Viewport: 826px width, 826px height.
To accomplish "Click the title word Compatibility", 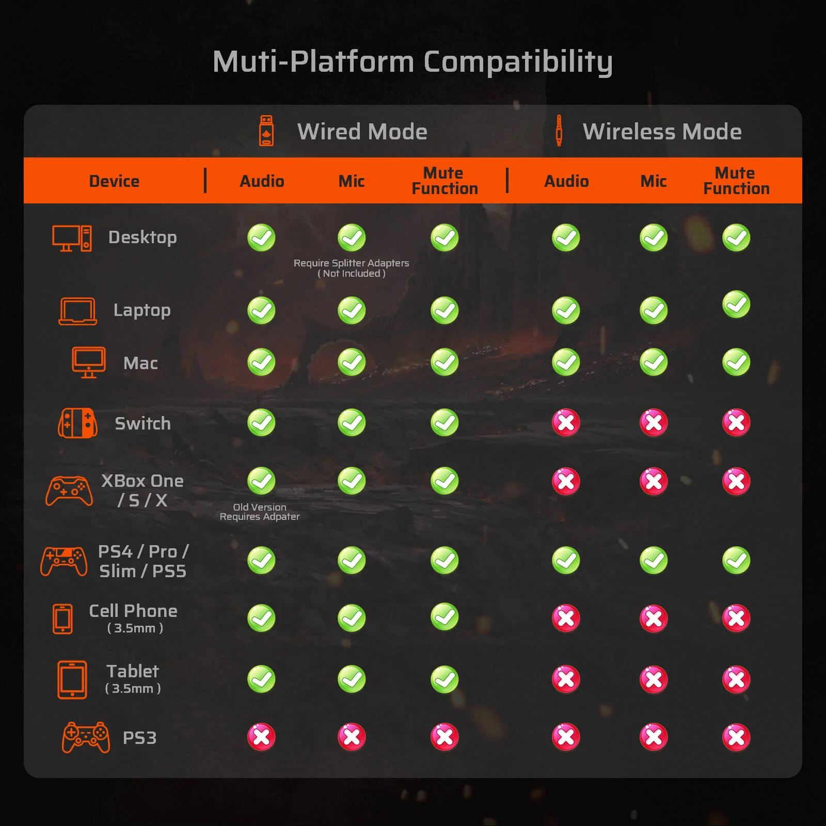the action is pos(518,62).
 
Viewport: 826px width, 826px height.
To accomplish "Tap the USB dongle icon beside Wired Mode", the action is pos(266,131).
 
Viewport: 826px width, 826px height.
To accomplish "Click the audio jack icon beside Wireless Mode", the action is pos(559,131).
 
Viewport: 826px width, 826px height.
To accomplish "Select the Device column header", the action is pos(114,181).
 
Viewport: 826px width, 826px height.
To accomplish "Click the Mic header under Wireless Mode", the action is pos(654,181).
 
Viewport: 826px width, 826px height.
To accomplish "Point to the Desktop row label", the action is pos(142,237).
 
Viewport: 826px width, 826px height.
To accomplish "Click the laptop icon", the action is pos(78,311).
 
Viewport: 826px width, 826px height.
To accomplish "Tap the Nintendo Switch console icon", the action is pos(78,423).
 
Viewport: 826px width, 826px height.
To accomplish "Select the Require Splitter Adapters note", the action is pos(352,268).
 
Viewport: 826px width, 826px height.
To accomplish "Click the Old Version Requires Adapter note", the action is pos(260,512).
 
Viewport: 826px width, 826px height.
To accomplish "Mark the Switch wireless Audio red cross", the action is pos(566,423).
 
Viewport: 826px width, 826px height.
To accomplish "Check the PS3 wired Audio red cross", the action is pos(261,737).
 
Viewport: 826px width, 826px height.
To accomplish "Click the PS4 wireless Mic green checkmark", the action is pos(654,560).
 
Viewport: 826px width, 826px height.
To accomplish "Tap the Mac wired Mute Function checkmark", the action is pos(444,362).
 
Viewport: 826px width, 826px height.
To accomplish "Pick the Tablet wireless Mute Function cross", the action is pos(736,679).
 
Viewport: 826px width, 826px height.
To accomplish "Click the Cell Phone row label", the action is pos(134,618).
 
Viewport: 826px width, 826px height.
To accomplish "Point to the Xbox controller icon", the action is pos(69,491).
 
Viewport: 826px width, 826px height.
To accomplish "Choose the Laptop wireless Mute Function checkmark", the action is pos(736,305).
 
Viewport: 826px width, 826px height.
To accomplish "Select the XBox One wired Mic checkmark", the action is pos(352,481).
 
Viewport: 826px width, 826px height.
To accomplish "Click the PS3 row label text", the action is pos(139,738).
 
